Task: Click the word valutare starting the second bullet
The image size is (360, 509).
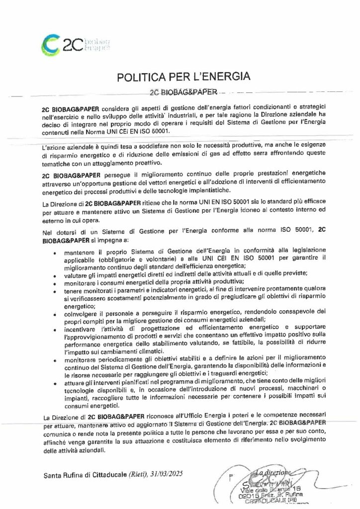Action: [x=77, y=274]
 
